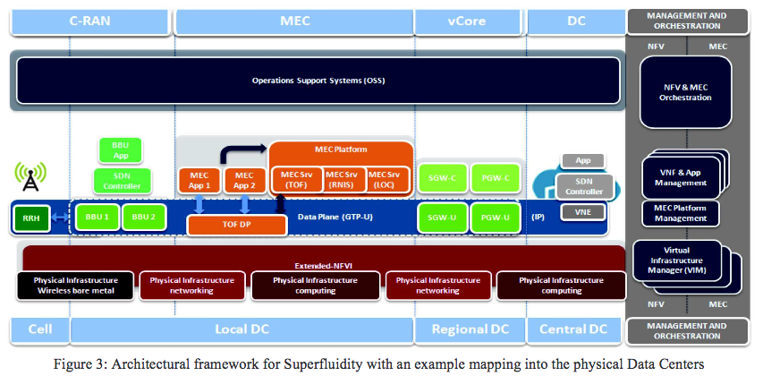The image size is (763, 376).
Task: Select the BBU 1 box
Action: (x=97, y=217)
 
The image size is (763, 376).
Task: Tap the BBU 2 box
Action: (x=143, y=217)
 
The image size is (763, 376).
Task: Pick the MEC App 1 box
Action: (x=199, y=180)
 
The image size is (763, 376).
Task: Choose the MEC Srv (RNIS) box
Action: (x=341, y=179)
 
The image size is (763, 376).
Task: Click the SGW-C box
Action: (x=441, y=178)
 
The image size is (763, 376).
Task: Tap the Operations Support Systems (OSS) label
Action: (x=318, y=81)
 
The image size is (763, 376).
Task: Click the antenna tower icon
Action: (x=30, y=177)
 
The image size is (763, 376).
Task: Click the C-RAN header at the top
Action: (x=89, y=19)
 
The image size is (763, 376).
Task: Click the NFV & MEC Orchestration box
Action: (x=684, y=90)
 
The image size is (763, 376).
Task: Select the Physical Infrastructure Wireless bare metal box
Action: (x=75, y=285)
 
